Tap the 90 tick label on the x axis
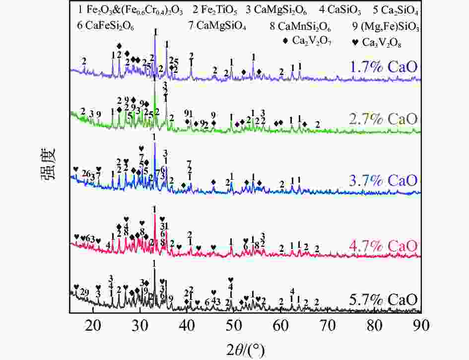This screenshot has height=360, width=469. click(x=421, y=325)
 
